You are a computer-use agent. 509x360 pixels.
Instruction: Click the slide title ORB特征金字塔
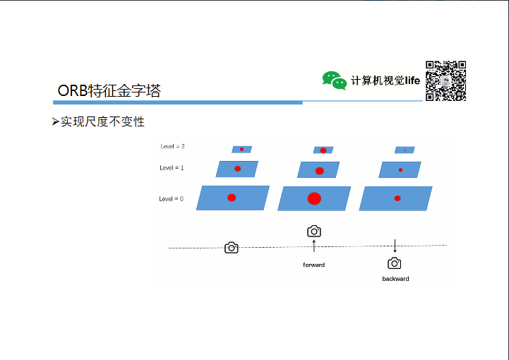(x=109, y=91)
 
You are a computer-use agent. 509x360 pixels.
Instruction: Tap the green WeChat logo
(x=334, y=80)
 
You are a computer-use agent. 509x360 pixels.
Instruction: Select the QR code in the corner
(x=445, y=81)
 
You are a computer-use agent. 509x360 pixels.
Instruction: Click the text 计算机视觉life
(x=385, y=80)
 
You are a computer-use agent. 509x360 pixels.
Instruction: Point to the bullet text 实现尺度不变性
(x=102, y=122)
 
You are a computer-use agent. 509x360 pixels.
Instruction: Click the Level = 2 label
(x=172, y=147)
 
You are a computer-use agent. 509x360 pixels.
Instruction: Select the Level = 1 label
(x=172, y=168)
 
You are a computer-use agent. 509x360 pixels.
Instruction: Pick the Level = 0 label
(x=171, y=199)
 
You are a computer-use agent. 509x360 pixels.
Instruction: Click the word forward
(x=314, y=265)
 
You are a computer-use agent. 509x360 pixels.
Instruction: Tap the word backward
(x=395, y=279)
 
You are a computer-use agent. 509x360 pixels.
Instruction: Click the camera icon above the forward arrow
(x=314, y=231)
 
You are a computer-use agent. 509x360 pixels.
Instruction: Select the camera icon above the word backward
(x=395, y=263)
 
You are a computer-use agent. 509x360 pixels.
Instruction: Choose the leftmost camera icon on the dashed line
(x=231, y=248)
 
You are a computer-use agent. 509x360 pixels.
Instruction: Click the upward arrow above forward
(x=314, y=246)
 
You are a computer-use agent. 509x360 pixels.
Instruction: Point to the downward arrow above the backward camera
(x=395, y=246)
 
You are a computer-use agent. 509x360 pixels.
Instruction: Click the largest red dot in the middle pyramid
(x=314, y=198)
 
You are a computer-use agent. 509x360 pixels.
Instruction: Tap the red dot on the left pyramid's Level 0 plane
(x=232, y=198)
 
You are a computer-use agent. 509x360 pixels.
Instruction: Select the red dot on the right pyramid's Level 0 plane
(x=397, y=198)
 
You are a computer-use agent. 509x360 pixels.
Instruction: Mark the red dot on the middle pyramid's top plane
(x=323, y=150)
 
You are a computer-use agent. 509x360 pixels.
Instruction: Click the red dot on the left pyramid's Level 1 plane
(x=238, y=169)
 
